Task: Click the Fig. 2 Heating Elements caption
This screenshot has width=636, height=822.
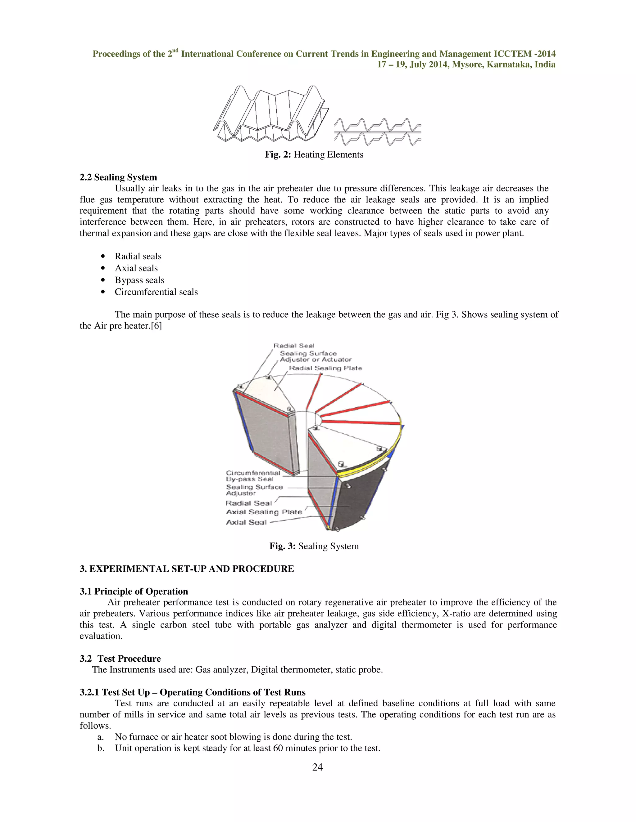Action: (314, 155)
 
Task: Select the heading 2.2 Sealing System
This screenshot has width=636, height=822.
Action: (118, 177)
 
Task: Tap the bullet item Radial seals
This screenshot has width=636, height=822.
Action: (138, 256)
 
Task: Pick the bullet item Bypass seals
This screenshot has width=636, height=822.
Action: (139, 280)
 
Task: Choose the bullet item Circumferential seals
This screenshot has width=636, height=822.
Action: (156, 292)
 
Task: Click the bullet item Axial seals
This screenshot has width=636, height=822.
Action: (136, 268)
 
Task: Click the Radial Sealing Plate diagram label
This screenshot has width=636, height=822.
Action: (325, 368)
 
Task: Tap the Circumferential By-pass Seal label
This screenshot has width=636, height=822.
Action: (253, 476)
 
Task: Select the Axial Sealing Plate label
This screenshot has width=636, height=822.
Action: (264, 512)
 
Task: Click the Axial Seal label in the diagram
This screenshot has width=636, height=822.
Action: (246, 522)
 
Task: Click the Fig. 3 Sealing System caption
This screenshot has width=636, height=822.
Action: (314, 546)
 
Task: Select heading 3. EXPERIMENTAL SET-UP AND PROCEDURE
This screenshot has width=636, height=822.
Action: (187, 569)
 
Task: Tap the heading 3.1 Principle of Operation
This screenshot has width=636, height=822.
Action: (134, 591)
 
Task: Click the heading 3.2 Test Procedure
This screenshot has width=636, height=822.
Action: (120, 659)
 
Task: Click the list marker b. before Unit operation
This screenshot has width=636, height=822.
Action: (101, 748)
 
